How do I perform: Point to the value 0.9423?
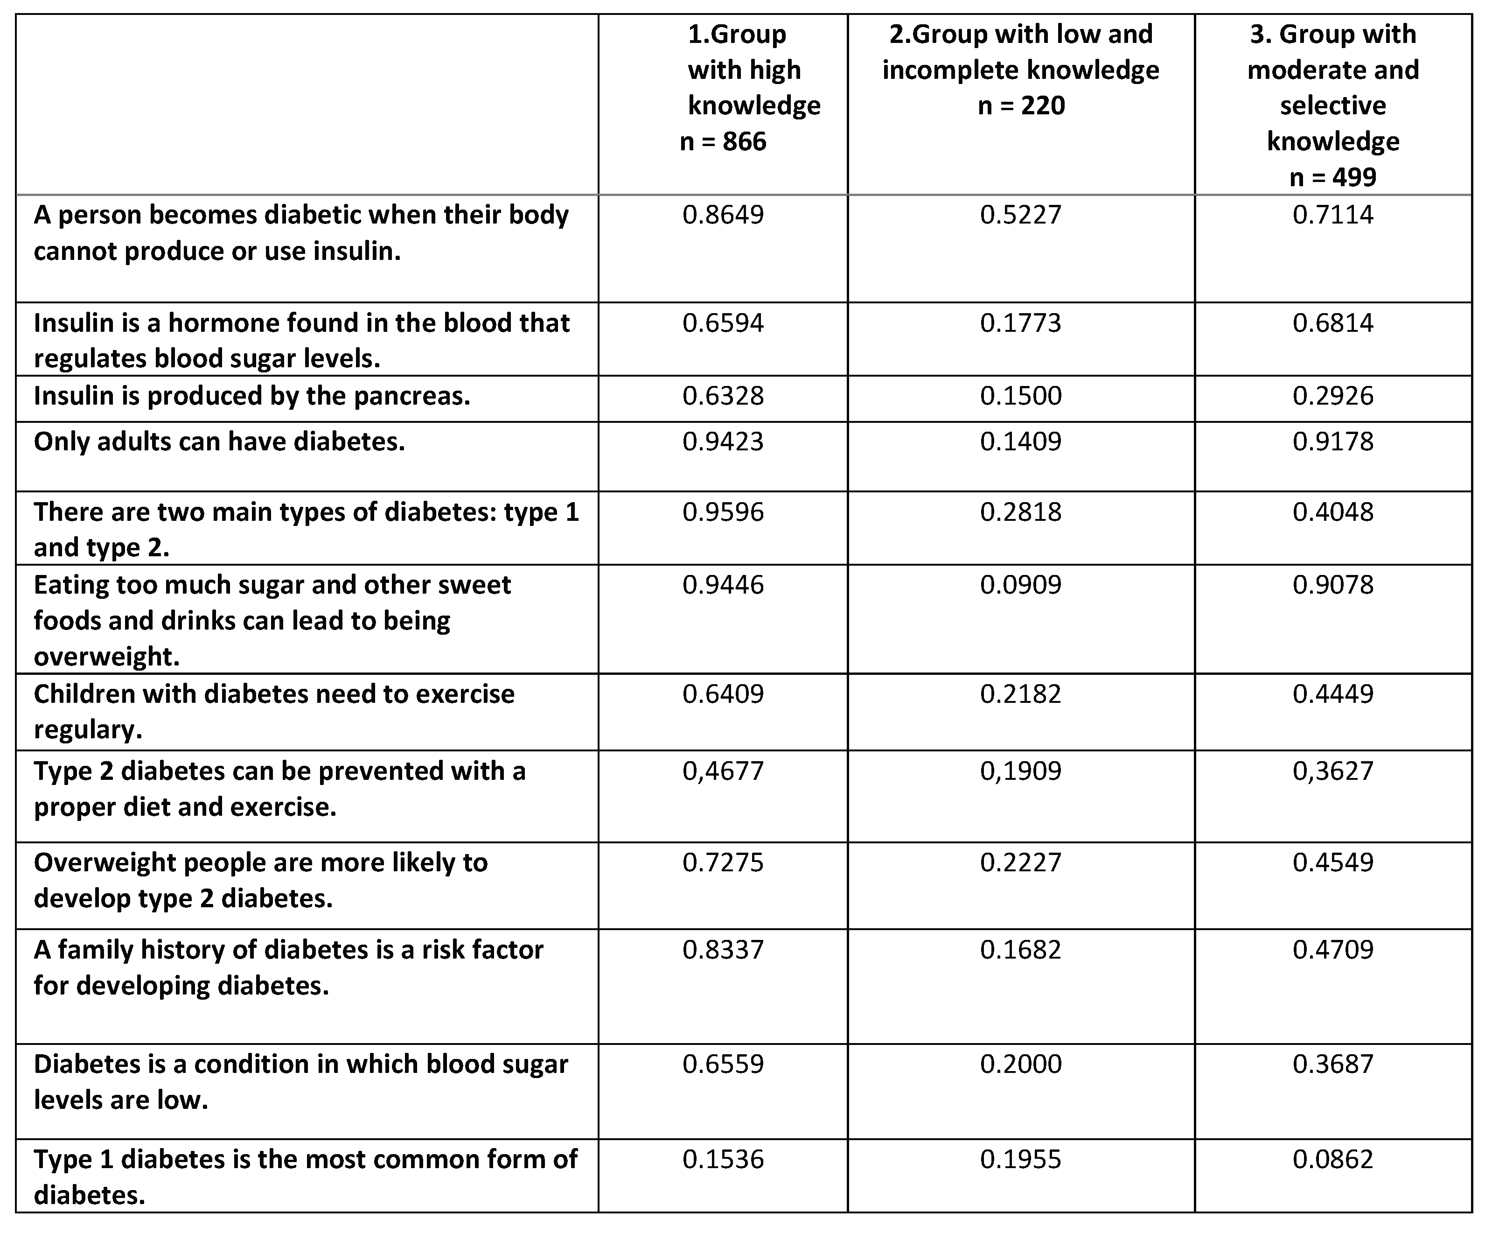click(723, 442)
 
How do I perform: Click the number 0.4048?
click(1333, 512)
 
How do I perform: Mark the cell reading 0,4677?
click(723, 771)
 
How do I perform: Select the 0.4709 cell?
click(1333, 949)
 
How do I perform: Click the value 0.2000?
click(1020, 1064)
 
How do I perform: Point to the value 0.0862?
click(1333, 1159)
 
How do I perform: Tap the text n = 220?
click(1020, 106)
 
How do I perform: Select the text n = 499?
click(1333, 177)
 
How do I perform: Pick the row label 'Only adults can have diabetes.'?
click(219, 442)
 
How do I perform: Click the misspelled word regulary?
click(88, 730)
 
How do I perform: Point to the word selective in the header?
click(1333, 106)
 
